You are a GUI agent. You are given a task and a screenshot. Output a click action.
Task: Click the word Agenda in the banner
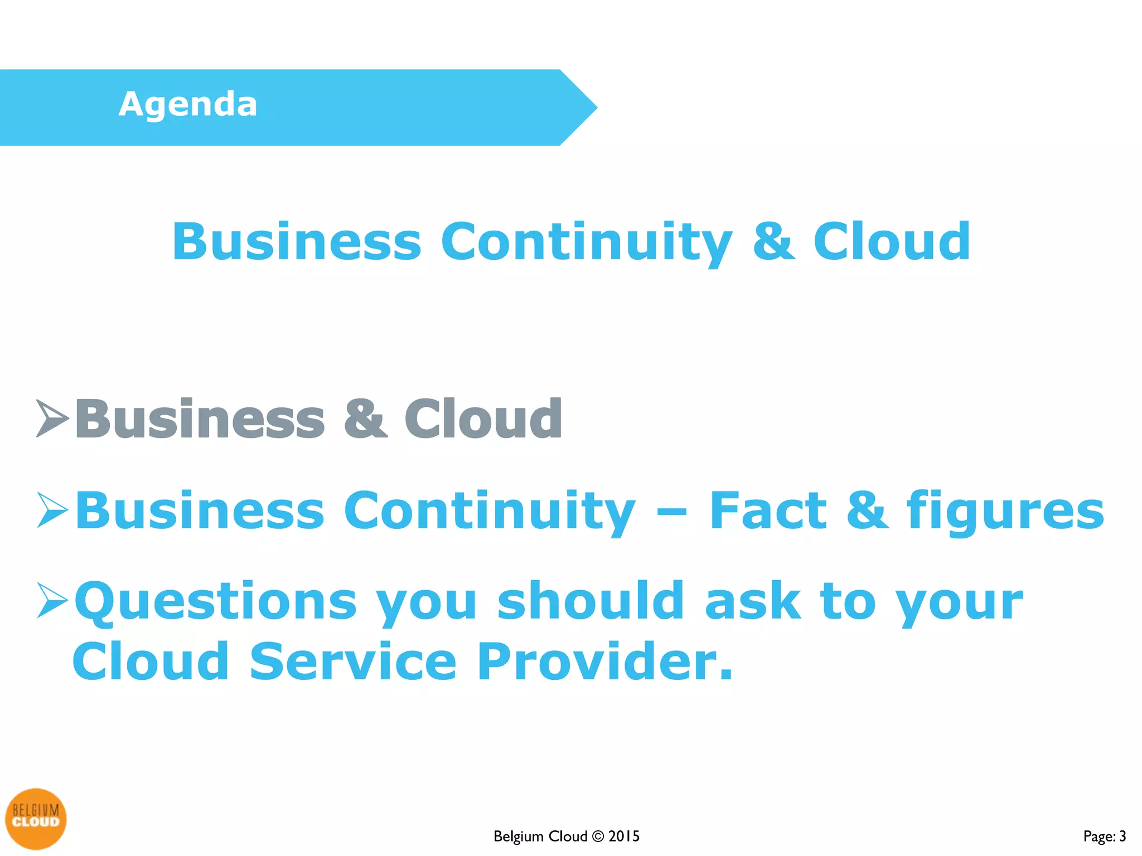188,105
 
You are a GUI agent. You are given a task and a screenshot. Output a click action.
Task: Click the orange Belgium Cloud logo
36,818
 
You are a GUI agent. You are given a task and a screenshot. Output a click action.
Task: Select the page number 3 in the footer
1122,836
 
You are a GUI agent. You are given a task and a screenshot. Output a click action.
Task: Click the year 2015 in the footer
623,836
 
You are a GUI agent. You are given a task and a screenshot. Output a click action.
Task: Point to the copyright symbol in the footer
597,836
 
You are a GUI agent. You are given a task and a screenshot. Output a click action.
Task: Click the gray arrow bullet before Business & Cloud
52,418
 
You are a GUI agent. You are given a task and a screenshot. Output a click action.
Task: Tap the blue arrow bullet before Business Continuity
52,509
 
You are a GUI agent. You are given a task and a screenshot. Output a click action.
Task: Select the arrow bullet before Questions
52,600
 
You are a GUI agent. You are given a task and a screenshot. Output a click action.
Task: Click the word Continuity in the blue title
585,242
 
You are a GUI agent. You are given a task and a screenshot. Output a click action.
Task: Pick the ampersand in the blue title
773,242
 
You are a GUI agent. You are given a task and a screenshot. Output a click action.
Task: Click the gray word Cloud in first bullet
483,419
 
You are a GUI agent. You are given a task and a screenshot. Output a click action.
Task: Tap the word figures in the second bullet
1005,512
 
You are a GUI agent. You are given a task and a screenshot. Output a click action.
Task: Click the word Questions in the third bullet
216,602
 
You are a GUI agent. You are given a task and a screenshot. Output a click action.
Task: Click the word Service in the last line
353,662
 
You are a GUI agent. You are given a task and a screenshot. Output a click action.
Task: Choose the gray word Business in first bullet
200,419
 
